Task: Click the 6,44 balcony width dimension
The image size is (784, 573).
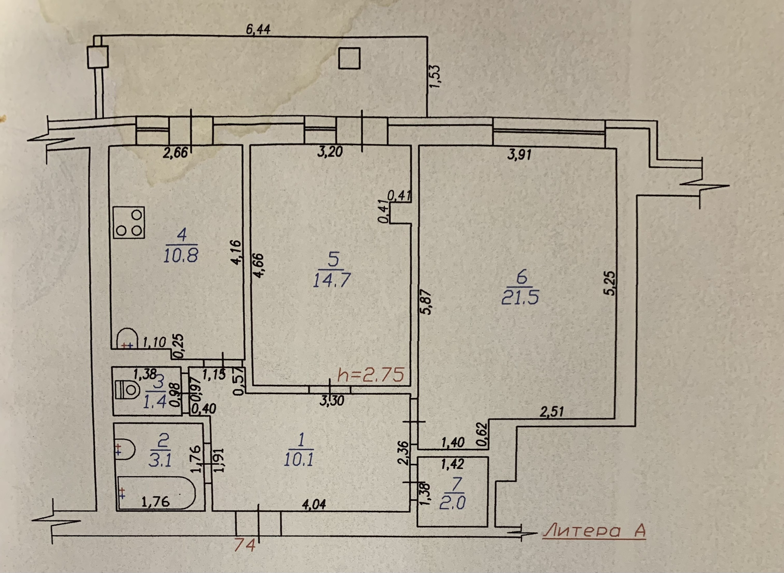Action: point(258,29)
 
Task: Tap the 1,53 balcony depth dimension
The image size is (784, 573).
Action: point(434,76)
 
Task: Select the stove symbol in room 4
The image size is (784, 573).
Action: point(129,223)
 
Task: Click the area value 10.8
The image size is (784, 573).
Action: point(180,256)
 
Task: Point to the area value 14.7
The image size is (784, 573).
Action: point(332,281)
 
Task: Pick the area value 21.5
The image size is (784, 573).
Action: point(520,298)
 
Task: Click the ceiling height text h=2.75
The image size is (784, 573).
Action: point(371,375)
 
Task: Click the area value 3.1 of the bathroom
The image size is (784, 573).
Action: point(160,461)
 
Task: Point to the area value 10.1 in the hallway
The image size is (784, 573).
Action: point(298,460)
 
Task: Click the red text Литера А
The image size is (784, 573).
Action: point(595,531)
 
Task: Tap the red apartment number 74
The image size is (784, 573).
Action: point(245,545)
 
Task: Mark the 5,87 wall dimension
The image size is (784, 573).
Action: point(426,302)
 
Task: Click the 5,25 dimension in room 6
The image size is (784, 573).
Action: point(610,283)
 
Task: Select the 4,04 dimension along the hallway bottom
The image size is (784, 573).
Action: point(314,505)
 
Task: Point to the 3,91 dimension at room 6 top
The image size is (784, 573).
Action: point(519,154)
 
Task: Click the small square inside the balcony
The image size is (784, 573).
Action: point(349,58)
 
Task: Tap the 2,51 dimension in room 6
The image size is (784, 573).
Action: point(552,412)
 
